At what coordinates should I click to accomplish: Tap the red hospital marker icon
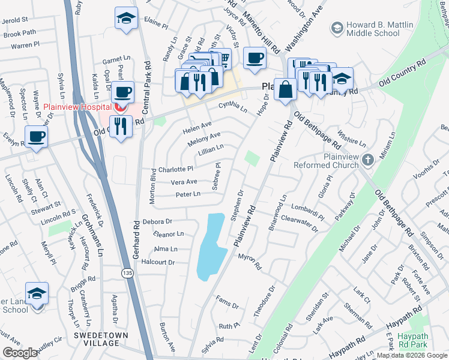point(120,107)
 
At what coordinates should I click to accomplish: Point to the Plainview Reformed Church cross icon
point(369,160)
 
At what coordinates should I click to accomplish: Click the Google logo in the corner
point(20,353)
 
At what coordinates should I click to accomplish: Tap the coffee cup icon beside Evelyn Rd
point(37,136)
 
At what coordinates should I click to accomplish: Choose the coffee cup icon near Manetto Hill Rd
point(256,58)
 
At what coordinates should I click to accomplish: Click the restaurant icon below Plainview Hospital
point(121,125)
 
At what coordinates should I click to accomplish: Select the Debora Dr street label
point(157,221)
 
